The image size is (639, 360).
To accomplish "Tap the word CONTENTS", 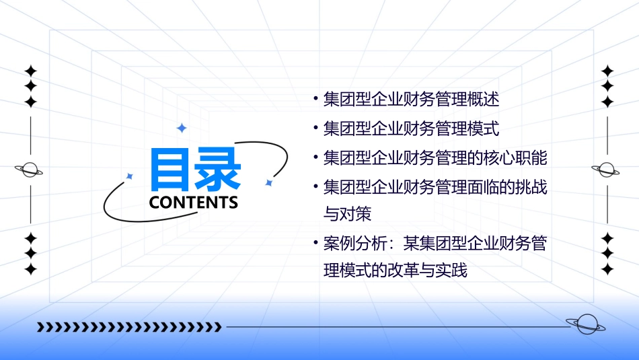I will pos(193,203).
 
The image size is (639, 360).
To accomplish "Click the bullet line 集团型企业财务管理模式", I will pos(411,129).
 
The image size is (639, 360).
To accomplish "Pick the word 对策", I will pos(356,215).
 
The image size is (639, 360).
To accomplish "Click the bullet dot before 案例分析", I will pos(315,243).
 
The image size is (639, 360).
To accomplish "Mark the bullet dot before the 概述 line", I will pos(315,100).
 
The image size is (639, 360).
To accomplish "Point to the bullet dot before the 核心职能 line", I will pos(315,157).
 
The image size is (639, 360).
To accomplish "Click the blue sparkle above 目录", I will pos(181,128).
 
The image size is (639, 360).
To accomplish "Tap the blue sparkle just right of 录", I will pos(268,182).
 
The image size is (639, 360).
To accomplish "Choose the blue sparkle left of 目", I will pos(130,176).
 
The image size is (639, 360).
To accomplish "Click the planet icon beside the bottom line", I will pos(585,325).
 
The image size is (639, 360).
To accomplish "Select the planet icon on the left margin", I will pos(30,170).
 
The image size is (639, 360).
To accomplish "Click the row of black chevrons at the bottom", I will pos(128,328).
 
